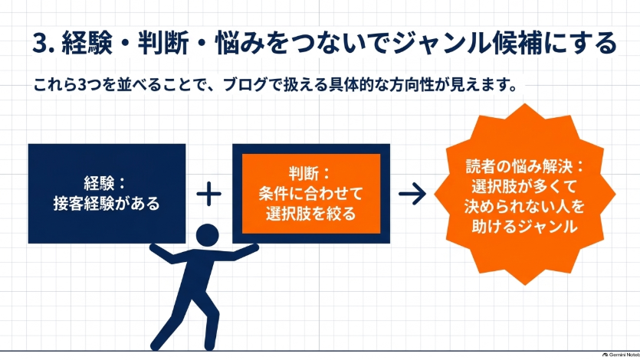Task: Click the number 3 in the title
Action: point(40,43)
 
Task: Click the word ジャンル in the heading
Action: point(438,43)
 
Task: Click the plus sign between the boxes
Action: point(209,194)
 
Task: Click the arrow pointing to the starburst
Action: point(412,194)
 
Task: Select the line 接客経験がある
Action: point(106,203)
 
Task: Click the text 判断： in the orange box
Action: point(310,173)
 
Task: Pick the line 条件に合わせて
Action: point(310,193)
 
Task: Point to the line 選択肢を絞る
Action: point(310,213)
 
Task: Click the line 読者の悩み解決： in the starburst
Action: point(525,166)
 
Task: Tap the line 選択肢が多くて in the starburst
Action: point(524,186)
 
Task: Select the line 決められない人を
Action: point(524,206)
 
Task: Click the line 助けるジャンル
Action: point(524,226)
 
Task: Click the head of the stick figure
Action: point(208,235)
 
